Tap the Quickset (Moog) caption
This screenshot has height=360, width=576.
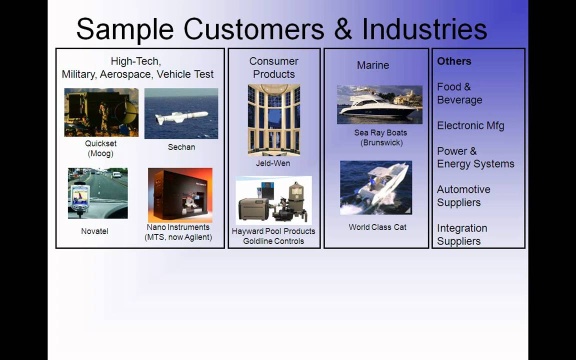pos(100,148)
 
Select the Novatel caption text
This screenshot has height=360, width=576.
pos(94,231)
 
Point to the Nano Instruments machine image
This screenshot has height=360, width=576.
pos(180,195)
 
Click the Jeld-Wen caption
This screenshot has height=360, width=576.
pos(273,163)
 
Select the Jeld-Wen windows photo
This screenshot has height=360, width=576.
pos(273,120)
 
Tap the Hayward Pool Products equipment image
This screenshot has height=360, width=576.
pos(273,200)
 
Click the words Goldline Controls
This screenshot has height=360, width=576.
pos(273,241)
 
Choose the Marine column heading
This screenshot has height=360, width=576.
pos(372,65)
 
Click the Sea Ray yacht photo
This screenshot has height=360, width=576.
pos(379,104)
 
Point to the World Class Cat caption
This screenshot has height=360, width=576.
pos(377,227)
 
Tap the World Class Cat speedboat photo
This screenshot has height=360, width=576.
pos(376,187)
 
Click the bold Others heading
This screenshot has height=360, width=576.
pos(454,61)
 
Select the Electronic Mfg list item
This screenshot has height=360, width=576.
pos(470,125)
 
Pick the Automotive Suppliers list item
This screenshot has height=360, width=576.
pos(463,196)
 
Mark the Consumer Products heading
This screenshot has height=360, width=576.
pos(273,67)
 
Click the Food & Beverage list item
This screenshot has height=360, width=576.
pos(459,93)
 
